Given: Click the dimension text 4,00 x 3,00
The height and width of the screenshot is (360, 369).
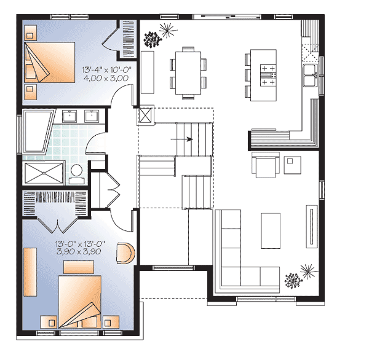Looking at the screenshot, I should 105,79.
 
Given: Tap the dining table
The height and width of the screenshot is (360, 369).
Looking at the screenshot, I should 189,73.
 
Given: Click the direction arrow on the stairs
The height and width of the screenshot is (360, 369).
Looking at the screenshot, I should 184,139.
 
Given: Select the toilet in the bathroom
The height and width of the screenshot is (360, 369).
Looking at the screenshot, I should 77,173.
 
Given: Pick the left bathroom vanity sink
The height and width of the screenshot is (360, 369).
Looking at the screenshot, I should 70,115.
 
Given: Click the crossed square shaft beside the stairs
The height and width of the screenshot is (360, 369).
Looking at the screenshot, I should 146,115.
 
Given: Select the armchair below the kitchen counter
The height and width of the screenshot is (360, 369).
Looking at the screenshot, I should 264,164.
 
